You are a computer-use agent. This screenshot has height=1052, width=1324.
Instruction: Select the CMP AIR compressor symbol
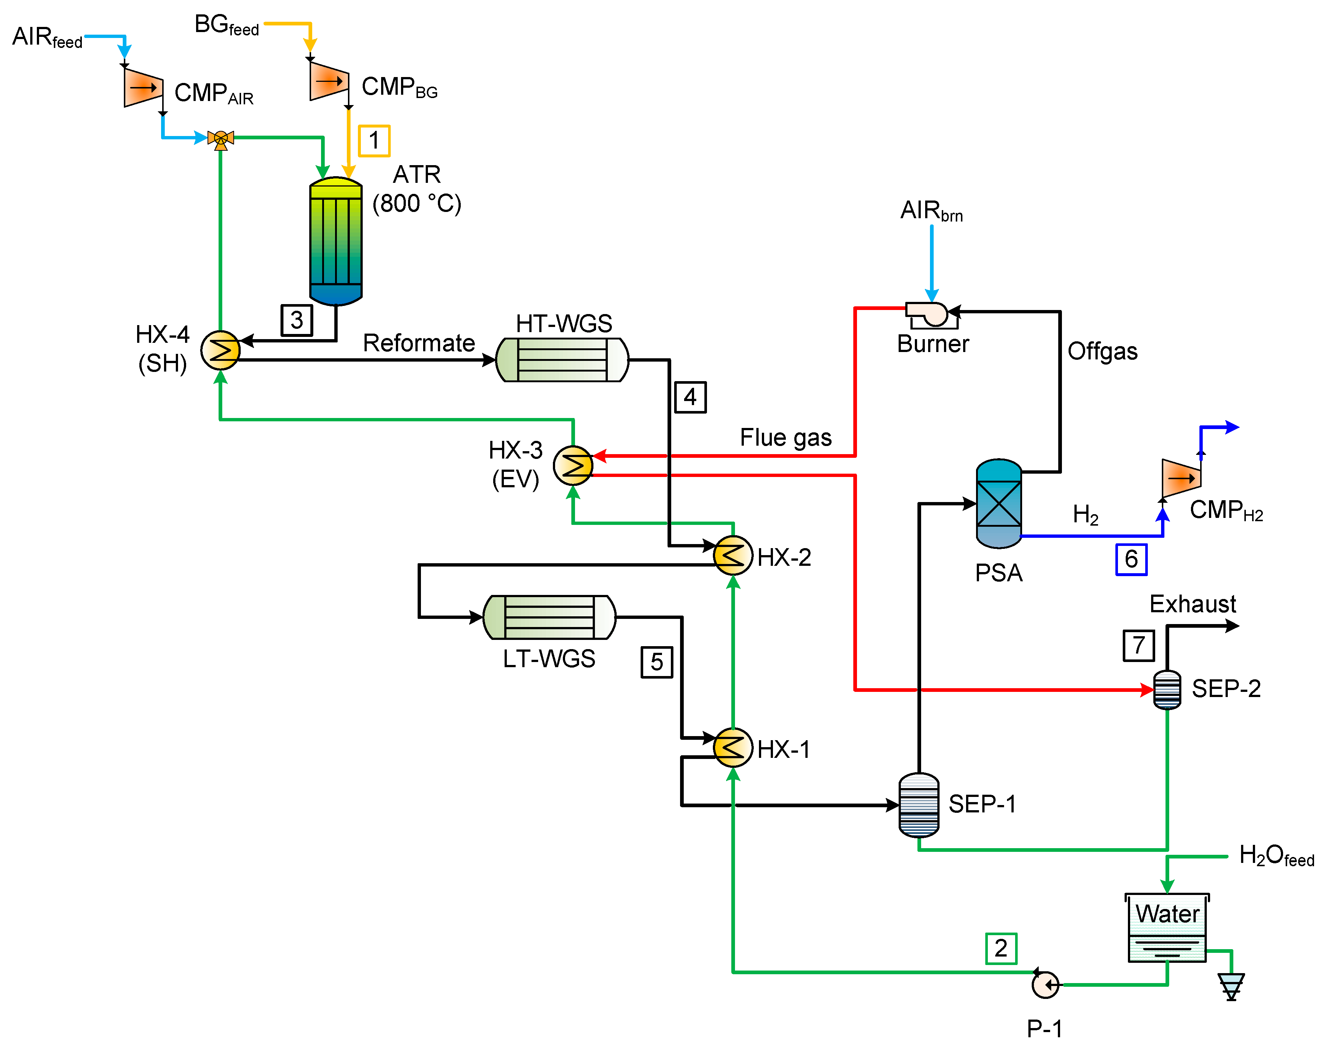click(x=143, y=87)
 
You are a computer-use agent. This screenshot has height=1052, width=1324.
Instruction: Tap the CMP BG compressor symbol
click(x=329, y=80)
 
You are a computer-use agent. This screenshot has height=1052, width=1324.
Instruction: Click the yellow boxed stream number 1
click(x=374, y=141)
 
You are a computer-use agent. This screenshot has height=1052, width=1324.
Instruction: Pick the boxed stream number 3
click(x=297, y=320)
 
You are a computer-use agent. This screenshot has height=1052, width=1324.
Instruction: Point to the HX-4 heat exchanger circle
click(x=220, y=350)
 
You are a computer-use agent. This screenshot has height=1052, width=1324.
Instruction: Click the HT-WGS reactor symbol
click(x=562, y=359)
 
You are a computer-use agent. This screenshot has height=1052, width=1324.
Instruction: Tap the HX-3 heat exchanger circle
click(x=573, y=465)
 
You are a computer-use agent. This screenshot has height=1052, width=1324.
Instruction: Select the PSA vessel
click(x=999, y=504)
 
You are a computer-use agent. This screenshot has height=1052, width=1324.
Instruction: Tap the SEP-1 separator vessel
click(x=919, y=805)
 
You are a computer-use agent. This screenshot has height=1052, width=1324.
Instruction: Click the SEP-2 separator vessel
click(x=1167, y=689)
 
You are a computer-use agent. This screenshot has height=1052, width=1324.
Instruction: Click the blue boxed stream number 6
click(x=1131, y=559)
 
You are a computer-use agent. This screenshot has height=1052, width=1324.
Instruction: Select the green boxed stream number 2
click(x=1001, y=948)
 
